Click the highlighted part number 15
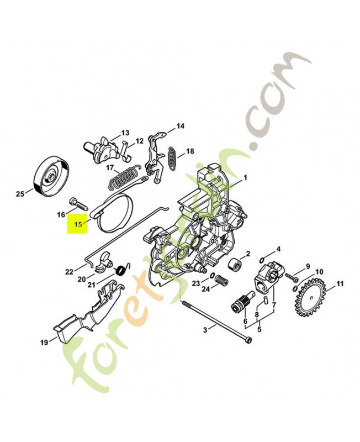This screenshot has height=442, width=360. point(77,224)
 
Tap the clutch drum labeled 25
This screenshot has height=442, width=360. point(51,176)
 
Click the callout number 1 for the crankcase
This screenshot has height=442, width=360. point(245,178)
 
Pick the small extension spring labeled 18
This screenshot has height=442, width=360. point(173,156)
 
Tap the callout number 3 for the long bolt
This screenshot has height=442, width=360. point(205,329)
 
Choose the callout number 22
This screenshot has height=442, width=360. point(69,271)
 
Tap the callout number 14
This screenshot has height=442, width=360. point(180,127)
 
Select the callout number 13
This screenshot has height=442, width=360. point(125,133)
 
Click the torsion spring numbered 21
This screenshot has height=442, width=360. point(120,270)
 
